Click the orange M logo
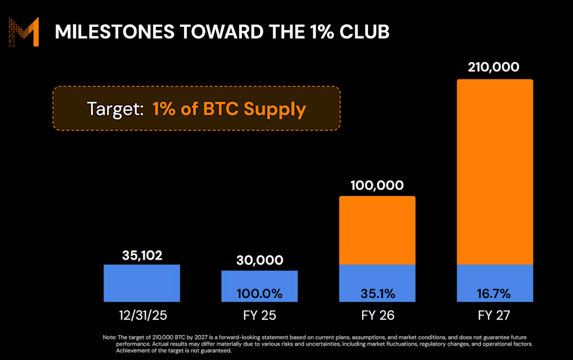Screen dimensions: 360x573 click(24, 32)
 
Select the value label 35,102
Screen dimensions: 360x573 click(142, 255)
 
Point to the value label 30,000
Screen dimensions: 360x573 click(259, 260)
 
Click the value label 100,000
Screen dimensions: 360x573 click(377, 186)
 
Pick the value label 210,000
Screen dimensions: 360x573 click(495, 68)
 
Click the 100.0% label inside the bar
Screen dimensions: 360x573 click(259, 293)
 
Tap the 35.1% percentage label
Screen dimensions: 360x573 click(377, 293)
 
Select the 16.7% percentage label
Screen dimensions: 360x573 click(495, 293)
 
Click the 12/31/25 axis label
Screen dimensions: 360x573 click(142, 314)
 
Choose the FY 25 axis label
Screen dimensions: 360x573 click(259, 314)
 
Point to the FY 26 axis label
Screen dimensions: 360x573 click(377, 314)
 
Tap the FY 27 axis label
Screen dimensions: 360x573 click(495, 314)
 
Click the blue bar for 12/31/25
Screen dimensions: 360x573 click(142, 283)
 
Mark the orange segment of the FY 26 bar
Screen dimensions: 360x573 click(377, 230)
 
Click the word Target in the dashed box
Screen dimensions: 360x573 click(114, 109)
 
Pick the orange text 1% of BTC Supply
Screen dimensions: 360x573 click(229, 109)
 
